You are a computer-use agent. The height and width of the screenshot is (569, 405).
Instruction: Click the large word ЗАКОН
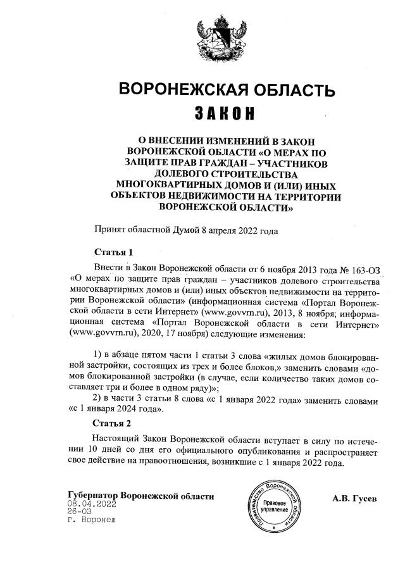point(227,114)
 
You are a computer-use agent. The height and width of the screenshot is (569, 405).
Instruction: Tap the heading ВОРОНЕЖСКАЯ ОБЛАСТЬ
point(227,89)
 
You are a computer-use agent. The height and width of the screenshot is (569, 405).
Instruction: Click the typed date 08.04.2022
point(92,504)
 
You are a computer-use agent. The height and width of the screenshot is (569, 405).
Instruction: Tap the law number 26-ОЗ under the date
point(80,512)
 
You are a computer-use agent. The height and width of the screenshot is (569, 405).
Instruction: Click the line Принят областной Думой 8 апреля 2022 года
point(186,231)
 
